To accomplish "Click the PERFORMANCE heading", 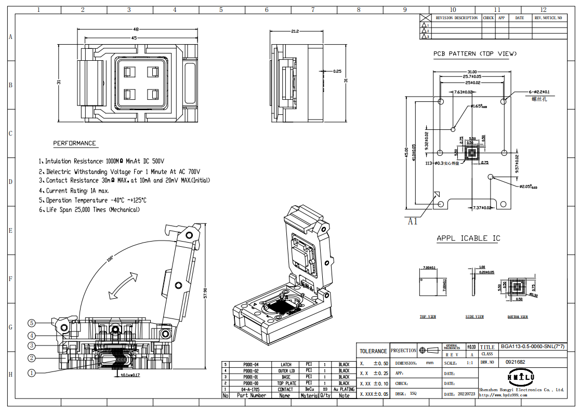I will (74, 143).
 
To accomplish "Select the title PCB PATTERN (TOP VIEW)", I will (475, 54).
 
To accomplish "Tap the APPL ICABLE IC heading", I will (468, 238).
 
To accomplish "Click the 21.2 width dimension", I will (294, 32).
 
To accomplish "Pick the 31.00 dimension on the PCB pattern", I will (471, 72).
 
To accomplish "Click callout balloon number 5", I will (31, 323).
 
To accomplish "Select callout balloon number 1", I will (31, 373).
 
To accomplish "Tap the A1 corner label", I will (412, 221).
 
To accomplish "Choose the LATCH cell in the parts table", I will (285, 365).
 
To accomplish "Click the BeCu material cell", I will (309, 389).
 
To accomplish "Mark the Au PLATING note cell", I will (344, 389).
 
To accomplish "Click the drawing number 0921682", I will (516, 362).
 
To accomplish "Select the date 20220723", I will (467, 394).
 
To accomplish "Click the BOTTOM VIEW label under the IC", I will (518, 316).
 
